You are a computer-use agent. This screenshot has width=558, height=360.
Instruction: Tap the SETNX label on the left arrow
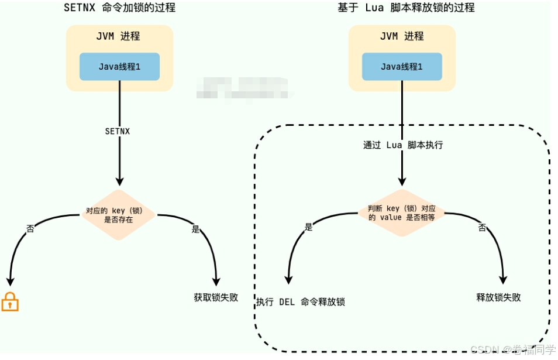(118, 131)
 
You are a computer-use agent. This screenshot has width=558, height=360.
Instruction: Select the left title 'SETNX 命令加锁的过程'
(119, 8)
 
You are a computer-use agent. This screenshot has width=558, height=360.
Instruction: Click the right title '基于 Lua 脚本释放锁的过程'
(406, 8)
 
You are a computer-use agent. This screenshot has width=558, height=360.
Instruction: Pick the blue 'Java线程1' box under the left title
(119, 66)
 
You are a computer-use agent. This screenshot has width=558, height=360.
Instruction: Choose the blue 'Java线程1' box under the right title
(402, 66)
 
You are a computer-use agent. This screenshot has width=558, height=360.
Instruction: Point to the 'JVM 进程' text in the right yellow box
(401, 36)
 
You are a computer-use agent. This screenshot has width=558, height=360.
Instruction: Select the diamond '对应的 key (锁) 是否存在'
(118, 215)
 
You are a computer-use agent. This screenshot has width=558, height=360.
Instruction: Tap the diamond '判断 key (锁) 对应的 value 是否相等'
(402, 212)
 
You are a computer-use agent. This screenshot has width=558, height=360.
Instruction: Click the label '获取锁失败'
(216, 297)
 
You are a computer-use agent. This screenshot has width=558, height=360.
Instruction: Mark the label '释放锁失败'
(498, 297)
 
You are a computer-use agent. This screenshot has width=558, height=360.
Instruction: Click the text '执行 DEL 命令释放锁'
(301, 302)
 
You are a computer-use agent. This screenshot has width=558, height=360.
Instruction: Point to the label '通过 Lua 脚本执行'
(403, 145)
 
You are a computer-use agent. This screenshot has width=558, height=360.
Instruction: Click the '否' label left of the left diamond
(30, 228)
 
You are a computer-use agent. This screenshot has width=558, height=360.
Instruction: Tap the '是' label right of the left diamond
(196, 229)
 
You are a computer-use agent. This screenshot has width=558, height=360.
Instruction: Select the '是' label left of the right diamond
(309, 227)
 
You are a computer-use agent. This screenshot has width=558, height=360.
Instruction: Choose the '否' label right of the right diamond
(482, 227)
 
